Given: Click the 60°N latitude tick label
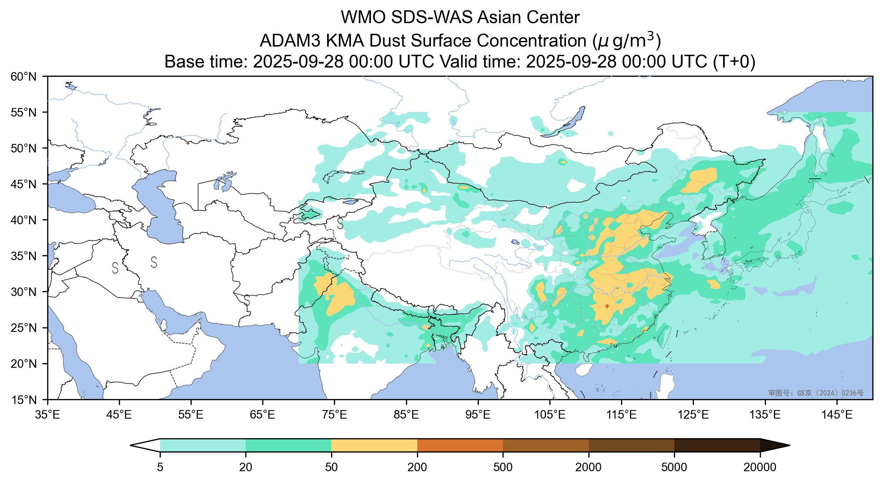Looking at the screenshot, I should [x=27, y=77].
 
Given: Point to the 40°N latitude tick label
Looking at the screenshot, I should [x=27, y=220].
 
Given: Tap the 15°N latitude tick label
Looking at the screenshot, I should [x=27, y=400].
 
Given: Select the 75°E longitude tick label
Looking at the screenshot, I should [x=335, y=414].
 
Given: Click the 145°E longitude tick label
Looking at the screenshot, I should [x=838, y=414].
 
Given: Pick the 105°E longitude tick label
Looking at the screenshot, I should [x=550, y=414].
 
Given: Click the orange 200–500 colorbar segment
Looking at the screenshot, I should [x=460, y=445].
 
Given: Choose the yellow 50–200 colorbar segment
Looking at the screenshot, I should [x=374, y=445].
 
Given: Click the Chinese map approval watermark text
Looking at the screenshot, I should [x=816, y=393].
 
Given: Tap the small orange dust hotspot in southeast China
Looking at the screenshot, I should [x=607, y=306].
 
